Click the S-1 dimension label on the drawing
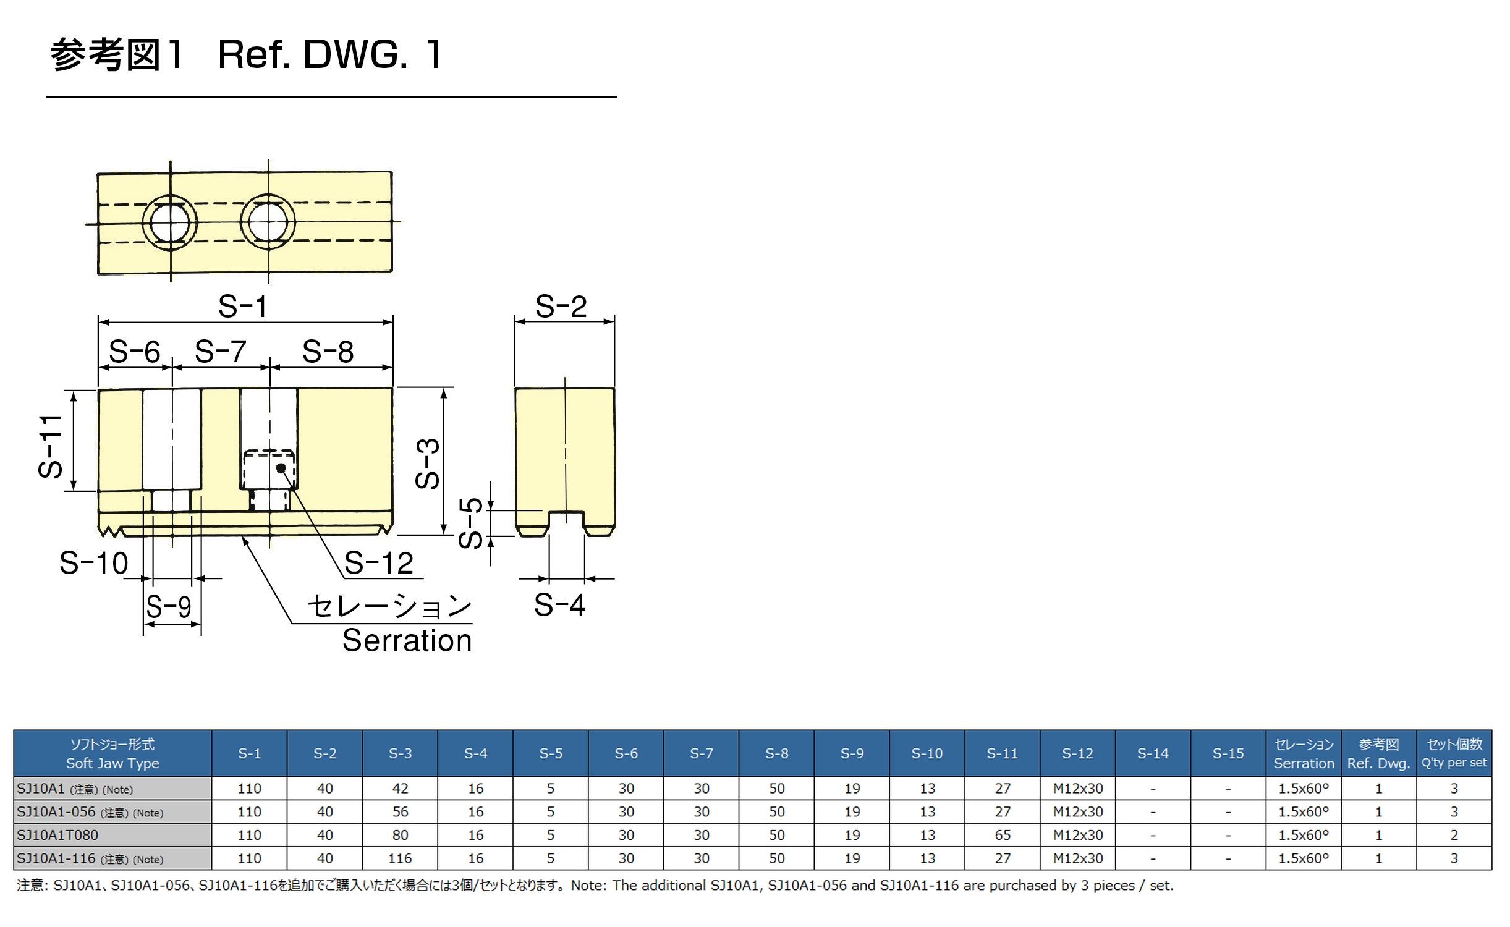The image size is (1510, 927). (243, 307)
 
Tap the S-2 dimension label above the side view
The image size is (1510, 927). (561, 307)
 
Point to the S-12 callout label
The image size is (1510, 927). (378, 563)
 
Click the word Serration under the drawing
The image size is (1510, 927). (407, 640)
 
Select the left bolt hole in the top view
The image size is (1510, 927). (170, 222)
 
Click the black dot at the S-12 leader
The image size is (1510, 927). (281, 468)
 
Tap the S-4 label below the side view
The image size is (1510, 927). (559, 604)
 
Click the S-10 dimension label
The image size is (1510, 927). (94, 563)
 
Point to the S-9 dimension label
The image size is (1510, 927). (169, 606)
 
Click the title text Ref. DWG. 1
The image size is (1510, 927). (330, 54)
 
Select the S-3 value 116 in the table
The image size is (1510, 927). (400, 858)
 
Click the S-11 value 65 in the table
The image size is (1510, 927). (1003, 835)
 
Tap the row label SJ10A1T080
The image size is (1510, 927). (57, 835)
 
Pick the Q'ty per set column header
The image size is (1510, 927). (1454, 753)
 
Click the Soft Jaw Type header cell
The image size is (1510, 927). (112, 753)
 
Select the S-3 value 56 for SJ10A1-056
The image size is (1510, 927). (400, 811)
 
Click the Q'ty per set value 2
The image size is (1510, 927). (1454, 835)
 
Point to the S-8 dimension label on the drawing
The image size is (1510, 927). (328, 352)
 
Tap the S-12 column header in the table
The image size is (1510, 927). (1077, 753)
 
